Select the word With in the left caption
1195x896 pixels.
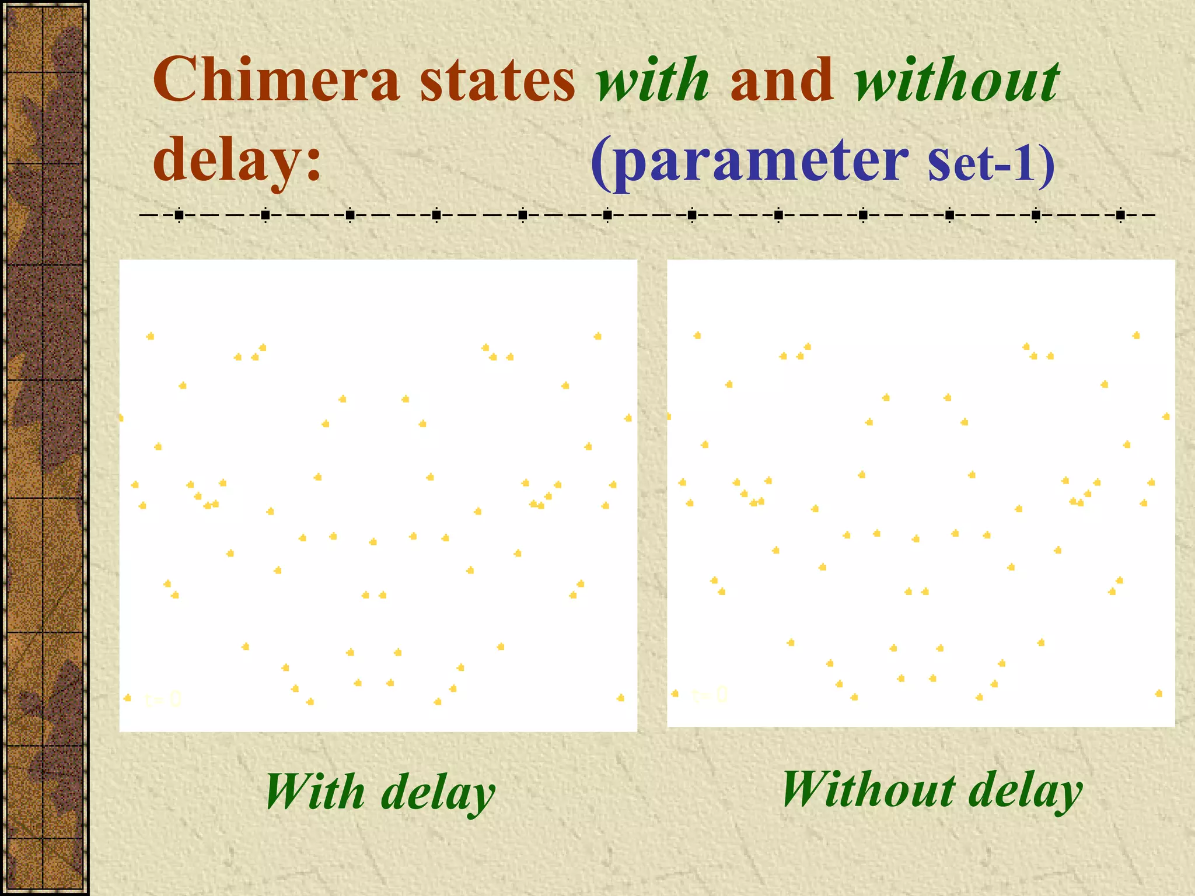pyautogui.click(x=316, y=792)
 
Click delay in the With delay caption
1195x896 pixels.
pyautogui.click(x=438, y=793)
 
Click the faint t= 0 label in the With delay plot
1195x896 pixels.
pyautogui.click(x=163, y=699)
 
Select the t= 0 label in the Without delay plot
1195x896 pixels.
pyautogui.click(x=710, y=695)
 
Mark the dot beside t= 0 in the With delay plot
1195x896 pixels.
pyautogui.click(x=128, y=698)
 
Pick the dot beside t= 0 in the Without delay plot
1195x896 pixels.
pyautogui.click(x=675, y=693)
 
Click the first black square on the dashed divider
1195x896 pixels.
pyautogui.click(x=179, y=216)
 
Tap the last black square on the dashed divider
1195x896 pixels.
pyautogui.click(x=1120, y=216)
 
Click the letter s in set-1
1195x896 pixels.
pyautogui.click(x=939, y=162)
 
